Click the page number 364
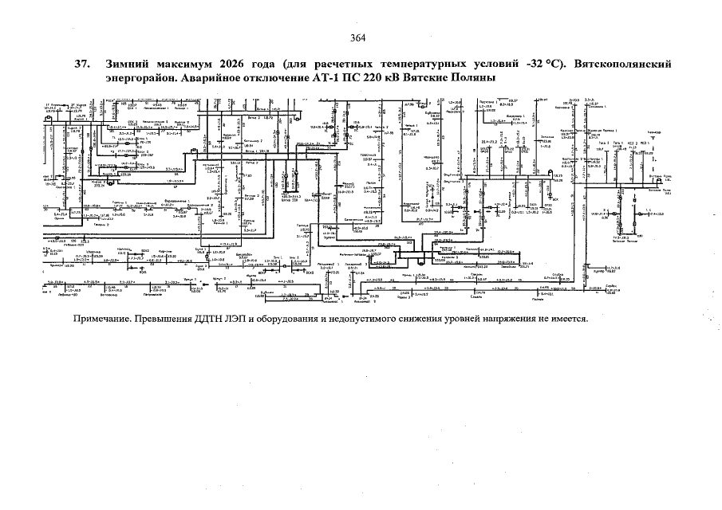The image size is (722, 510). click(x=358, y=38)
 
